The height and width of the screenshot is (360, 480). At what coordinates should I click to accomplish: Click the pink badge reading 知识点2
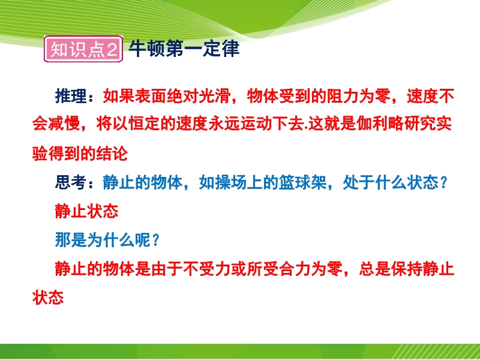(x=83, y=49)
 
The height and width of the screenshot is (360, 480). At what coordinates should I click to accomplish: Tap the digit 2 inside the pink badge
(x=112, y=49)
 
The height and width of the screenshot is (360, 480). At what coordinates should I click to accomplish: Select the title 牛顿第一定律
(x=184, y=49)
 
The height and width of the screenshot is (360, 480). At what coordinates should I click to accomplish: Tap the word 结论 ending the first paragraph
(x=112, y=154)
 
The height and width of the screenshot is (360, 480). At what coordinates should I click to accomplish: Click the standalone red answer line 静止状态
(x=87, y=211)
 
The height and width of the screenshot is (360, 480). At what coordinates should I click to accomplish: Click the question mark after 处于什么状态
(x=443, y=183)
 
